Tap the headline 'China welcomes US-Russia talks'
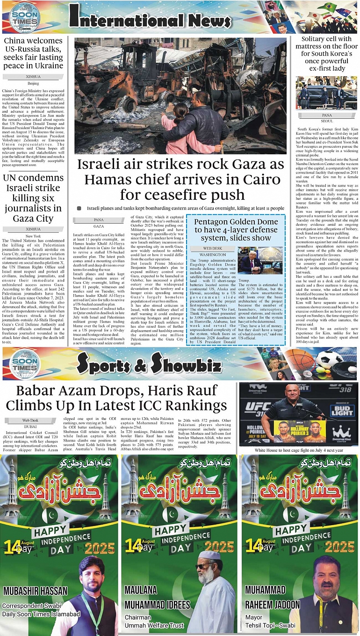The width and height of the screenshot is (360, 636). pyautogui.click(x=33, y=53)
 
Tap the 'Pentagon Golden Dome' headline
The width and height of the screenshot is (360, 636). pyautogui.click(x=236, y=230)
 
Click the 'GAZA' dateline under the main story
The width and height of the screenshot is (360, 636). pyautogui.click(x=99, y=226)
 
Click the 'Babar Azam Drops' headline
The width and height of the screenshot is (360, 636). pyautogui.click(x=116, y=397)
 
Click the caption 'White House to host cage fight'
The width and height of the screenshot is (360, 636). pyautogui.click(x=299, y=450)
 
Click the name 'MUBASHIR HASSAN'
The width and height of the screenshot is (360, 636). pyautogui.click(x=36, y=591)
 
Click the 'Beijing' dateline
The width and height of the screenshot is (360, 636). pyautogui.click(x=33, y=83)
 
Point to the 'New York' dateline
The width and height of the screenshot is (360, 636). pyautogui.click(x=33, y=236)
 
